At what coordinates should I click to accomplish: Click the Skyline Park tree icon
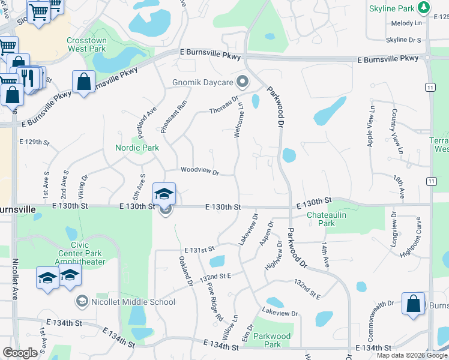(424, 8)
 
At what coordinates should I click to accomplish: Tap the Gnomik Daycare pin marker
(243, 81)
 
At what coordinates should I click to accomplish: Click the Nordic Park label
(137, 148)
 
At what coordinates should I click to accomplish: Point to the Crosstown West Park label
(87, 45)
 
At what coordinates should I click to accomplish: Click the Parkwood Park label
(272, 340)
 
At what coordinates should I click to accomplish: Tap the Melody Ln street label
(407, 23)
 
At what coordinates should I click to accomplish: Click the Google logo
(20, 353)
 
